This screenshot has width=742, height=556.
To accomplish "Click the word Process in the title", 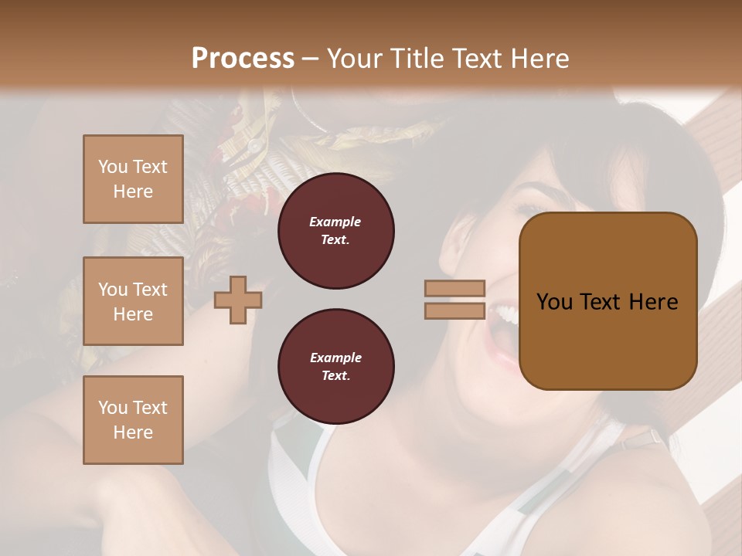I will [243, 59].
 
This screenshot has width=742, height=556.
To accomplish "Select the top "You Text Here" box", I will [133, 179].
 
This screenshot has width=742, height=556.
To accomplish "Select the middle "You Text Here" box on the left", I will [133, 301].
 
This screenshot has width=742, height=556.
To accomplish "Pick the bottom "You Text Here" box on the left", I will [133, 419].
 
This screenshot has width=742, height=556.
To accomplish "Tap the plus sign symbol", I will [237, 299].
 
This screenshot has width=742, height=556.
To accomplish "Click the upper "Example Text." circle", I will [335, 231].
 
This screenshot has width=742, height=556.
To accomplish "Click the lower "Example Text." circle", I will [335, 367].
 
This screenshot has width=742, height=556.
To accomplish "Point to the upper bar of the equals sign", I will [454, 288].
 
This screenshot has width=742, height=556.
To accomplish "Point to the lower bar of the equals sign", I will [454, 310].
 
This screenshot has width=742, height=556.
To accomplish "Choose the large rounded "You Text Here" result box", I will [608, 301].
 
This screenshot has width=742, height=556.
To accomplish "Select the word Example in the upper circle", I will [335, 222].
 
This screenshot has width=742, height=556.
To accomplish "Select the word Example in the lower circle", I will [335, 358].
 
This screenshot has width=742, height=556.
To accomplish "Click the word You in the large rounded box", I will [554, 301].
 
